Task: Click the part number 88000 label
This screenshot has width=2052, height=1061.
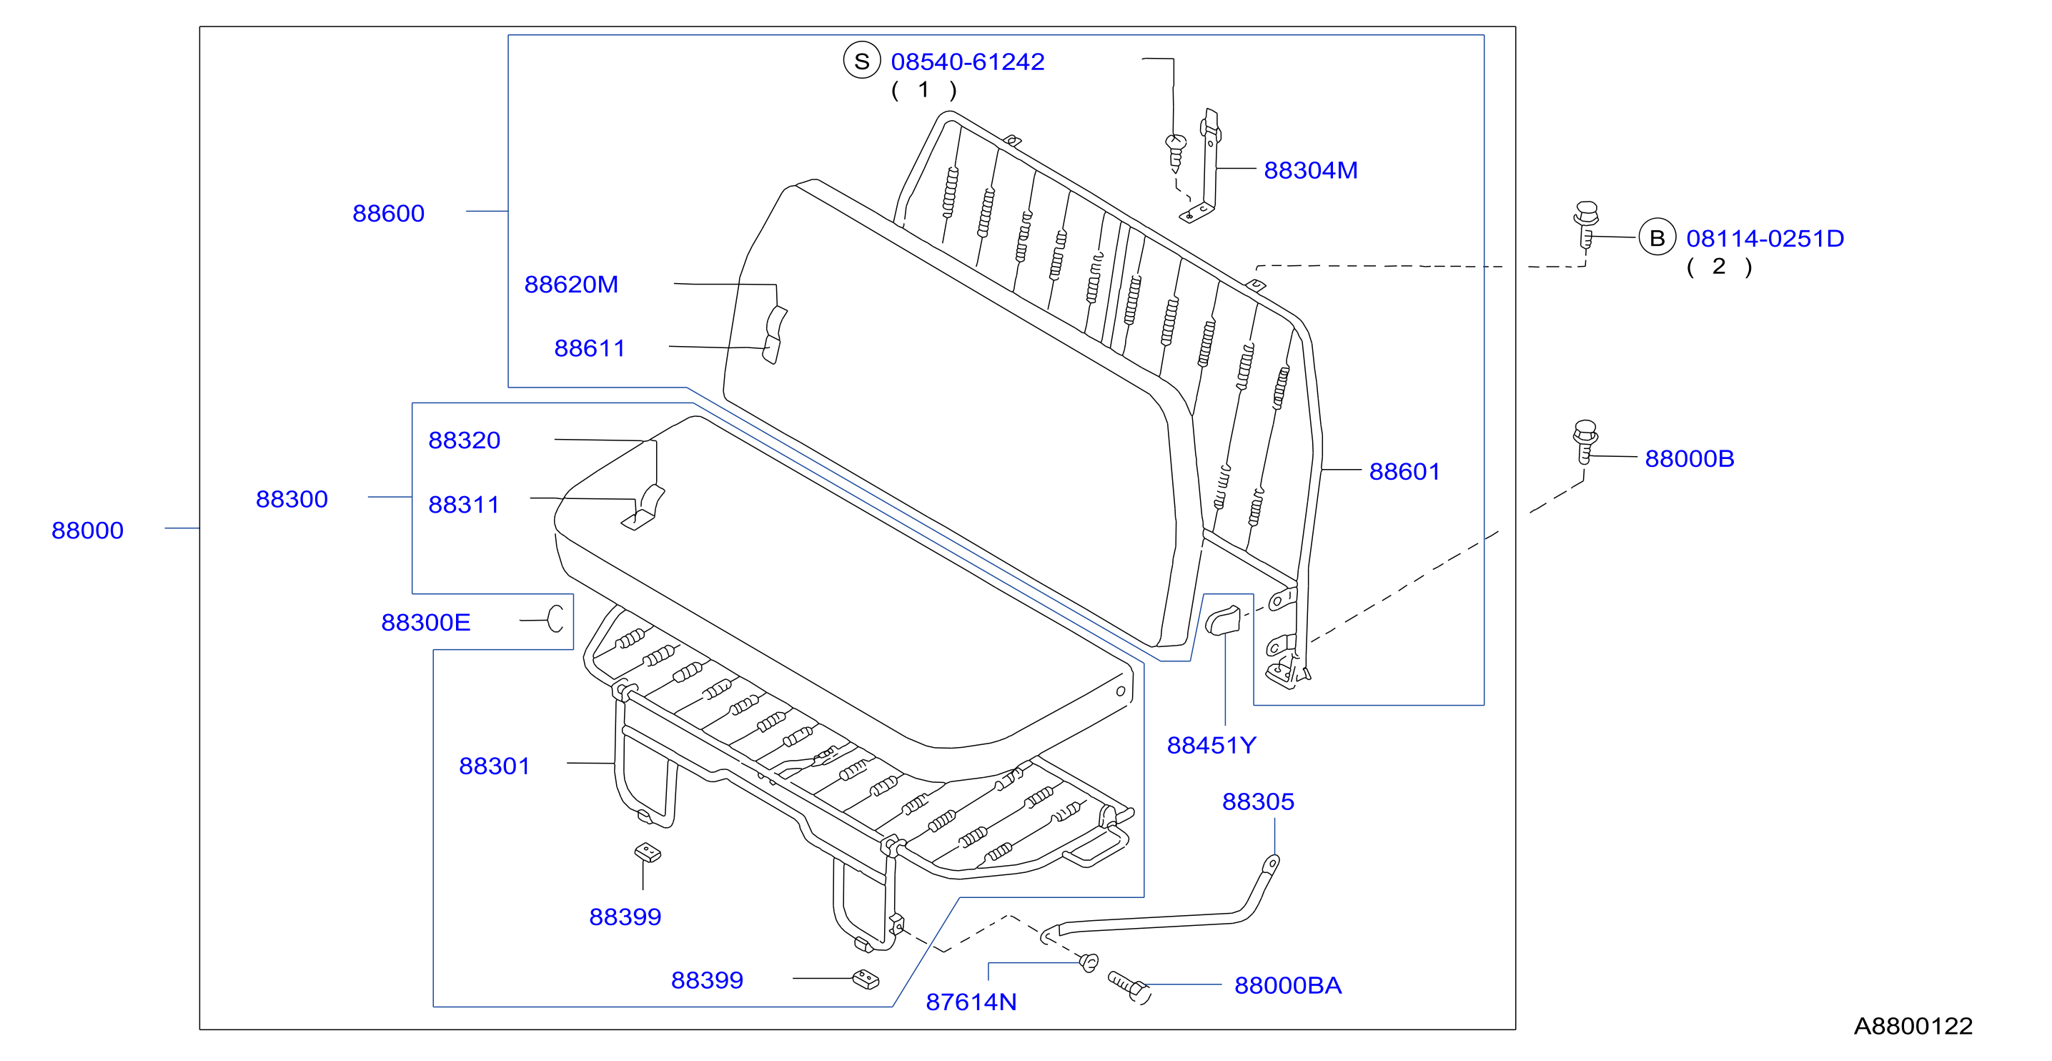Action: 88,530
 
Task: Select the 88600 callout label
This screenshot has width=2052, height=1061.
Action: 389,214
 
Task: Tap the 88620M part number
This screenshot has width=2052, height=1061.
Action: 571,285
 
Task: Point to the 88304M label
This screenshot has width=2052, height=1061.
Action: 1311,170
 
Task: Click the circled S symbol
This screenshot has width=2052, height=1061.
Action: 862,61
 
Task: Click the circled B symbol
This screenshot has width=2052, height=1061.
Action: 1657,237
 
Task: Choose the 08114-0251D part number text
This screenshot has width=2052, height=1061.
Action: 1765,238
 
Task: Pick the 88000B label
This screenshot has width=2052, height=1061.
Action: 1690,459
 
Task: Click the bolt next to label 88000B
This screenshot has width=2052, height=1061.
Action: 1585,441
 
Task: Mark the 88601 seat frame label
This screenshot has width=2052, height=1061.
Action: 1404,472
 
